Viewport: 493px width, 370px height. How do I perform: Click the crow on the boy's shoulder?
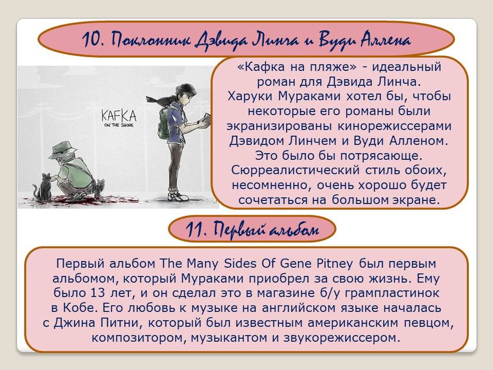(x=160, y=100)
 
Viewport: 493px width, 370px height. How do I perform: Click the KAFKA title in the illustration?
(x=119, y=116)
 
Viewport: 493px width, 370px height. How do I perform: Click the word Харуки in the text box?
(x=250, y=96)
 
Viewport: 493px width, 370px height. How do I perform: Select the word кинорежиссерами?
(x=395, y=126)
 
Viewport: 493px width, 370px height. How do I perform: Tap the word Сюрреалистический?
(x=296, y=170)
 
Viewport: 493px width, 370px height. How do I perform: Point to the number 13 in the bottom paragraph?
(x=97, y=293)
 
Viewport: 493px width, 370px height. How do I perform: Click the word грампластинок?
(x=392, y=293)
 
